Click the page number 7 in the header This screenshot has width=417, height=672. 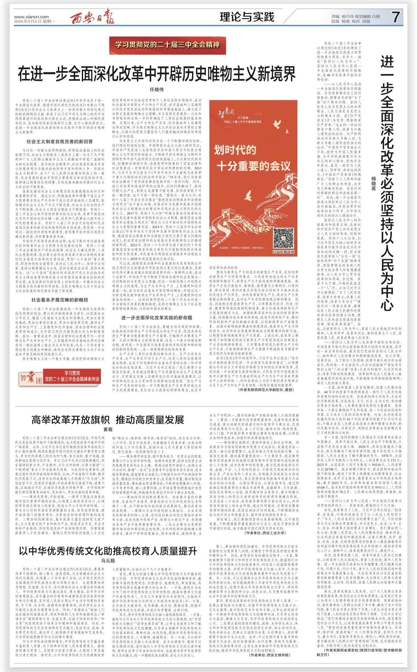click(396, 17)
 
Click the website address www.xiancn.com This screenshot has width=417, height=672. click(31, 17)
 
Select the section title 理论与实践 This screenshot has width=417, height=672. click(247, 17)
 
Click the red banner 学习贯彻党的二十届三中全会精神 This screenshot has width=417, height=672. click(167, 45)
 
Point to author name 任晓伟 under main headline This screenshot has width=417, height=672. click(157, 89)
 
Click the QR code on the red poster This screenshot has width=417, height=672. click(283, 238)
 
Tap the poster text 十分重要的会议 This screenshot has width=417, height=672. click(253, 166)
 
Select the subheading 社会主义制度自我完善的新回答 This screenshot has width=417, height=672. click(60, 142)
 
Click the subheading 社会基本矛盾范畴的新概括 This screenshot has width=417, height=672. click(60, 300)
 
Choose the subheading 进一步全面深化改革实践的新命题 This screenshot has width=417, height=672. click(157, 318)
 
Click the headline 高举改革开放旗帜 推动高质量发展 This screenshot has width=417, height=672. click(108, 420)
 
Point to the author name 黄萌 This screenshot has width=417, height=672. click(108, 429)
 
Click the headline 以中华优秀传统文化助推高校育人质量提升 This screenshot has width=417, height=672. click(108, 551)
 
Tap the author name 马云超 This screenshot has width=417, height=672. click(108, 561)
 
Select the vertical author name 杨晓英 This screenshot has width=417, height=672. click(374, 184)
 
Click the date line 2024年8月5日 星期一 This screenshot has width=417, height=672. click(35, 21)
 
